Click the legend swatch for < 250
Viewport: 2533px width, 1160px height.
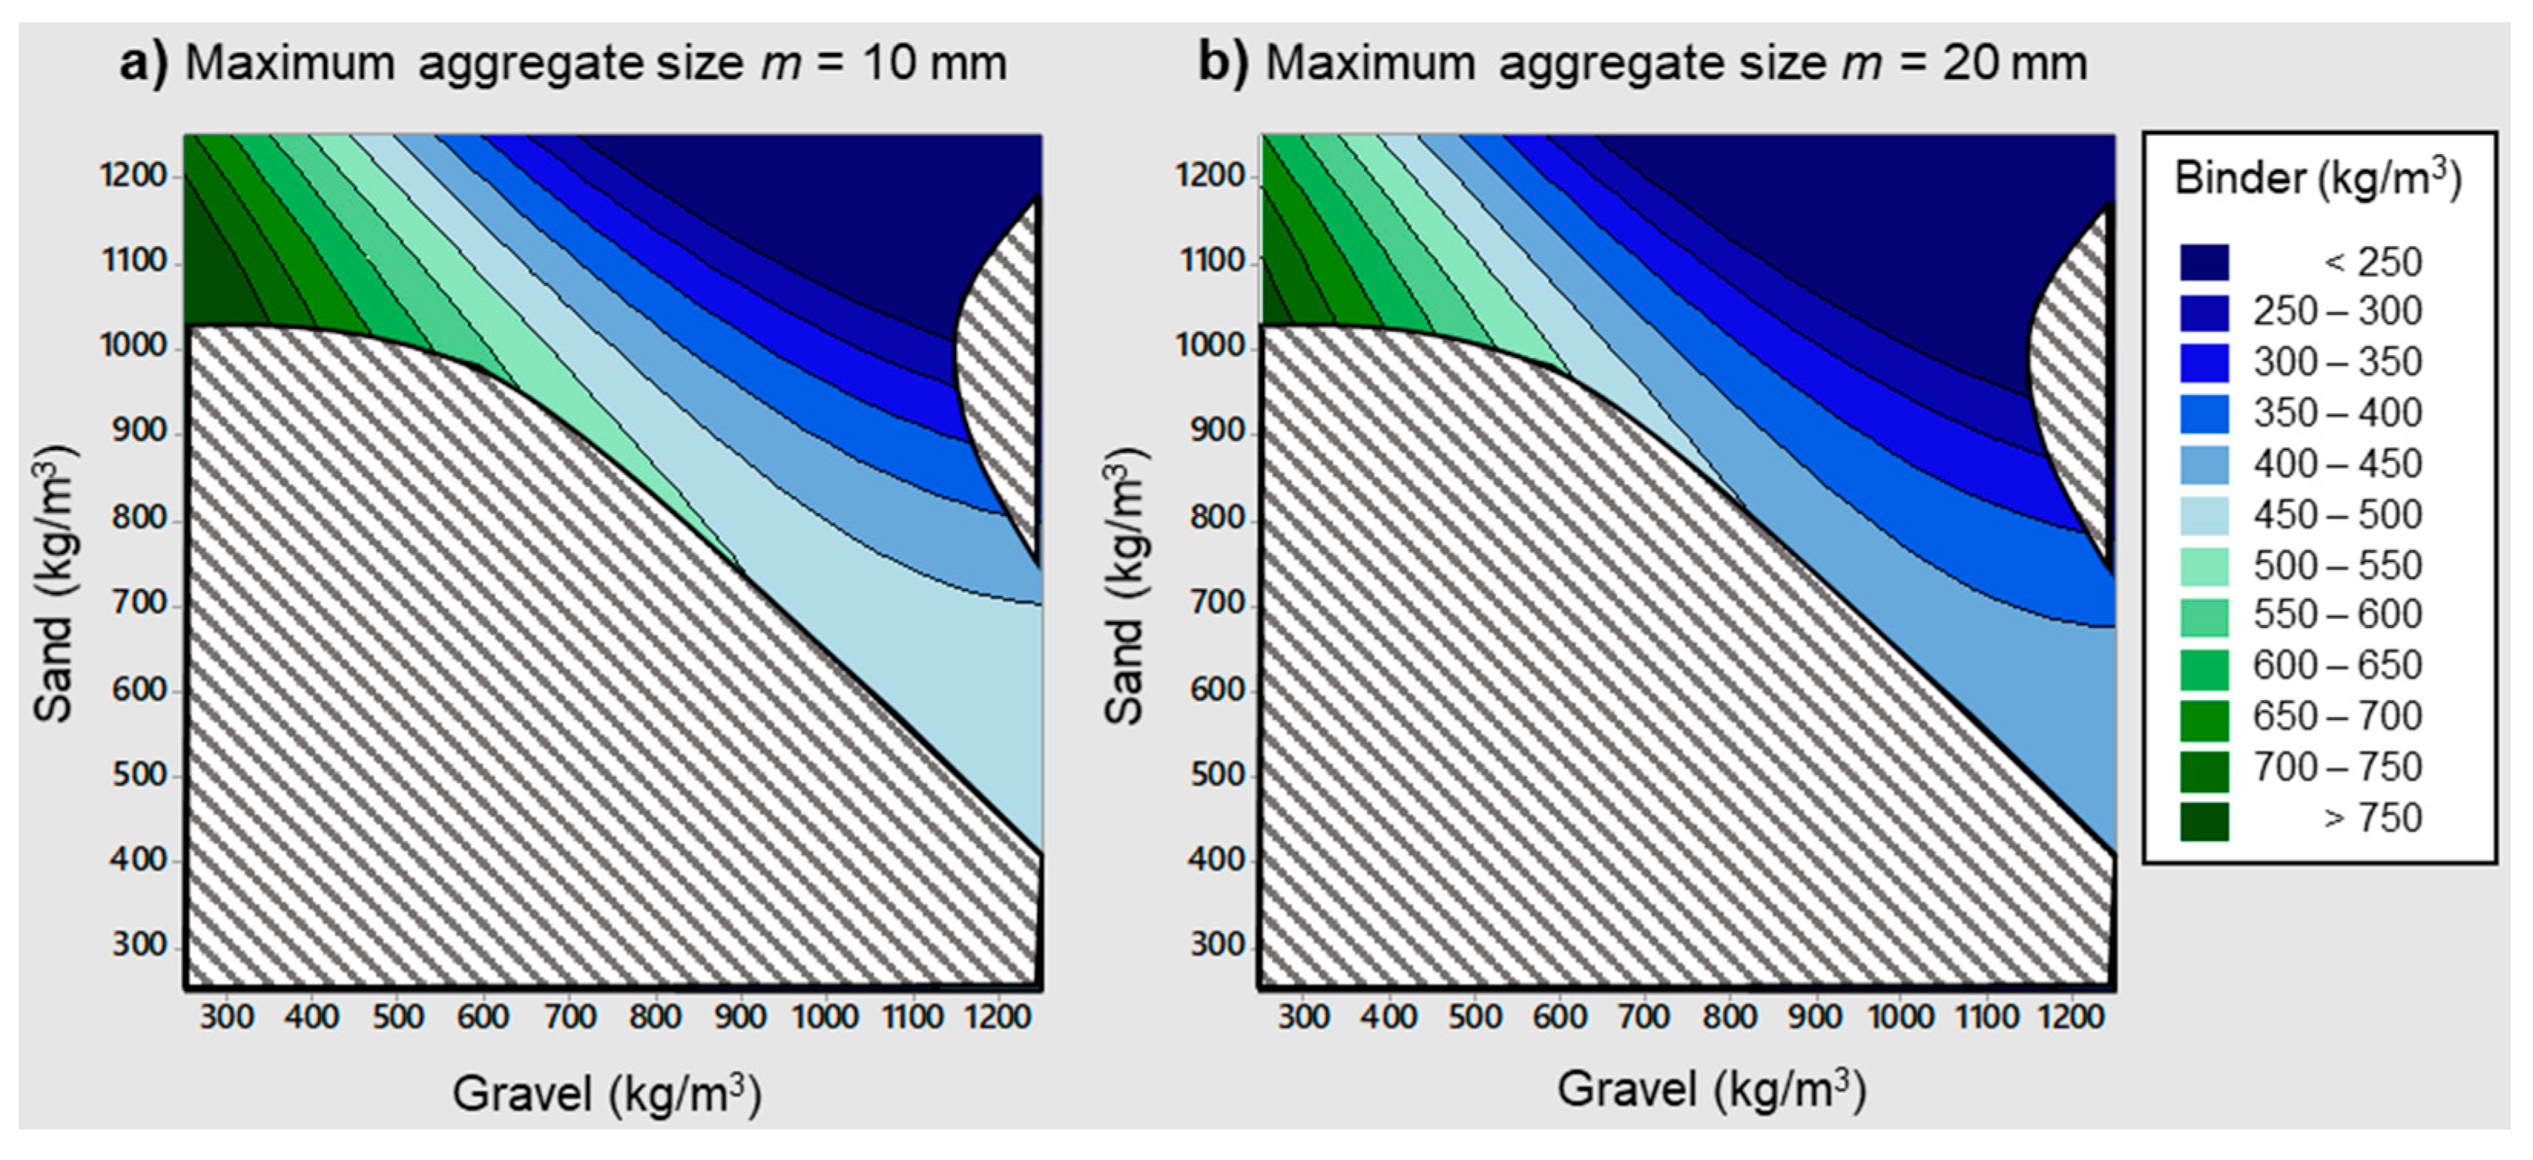pos(2204,262)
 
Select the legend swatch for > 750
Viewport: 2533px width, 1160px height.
pos(2204,820)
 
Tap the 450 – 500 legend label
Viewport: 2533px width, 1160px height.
pos(2337,514)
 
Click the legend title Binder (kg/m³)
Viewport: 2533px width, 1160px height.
pos(2317,179)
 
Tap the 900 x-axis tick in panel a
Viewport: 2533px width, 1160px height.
pos(740,1017)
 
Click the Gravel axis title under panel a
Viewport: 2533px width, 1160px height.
pos(607,1093)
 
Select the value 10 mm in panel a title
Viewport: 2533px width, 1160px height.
pos(935,64)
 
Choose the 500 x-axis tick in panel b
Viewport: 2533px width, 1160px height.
pos(1474,1017)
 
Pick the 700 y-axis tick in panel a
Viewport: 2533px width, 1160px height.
pos(140,603)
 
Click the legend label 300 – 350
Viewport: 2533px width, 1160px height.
pos(2337,362)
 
